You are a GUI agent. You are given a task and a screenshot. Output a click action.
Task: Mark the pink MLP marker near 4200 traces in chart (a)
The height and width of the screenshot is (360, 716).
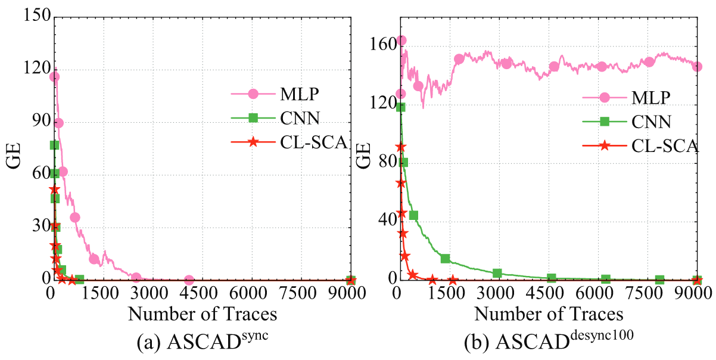(189, 280)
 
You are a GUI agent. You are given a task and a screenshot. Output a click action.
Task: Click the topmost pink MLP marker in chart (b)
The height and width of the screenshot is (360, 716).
(401, 41)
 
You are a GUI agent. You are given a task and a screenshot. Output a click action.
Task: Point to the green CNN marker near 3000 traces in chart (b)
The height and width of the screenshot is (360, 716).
(497, 274)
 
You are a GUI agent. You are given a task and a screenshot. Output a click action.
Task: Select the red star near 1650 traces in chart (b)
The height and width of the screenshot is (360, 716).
(453, 280)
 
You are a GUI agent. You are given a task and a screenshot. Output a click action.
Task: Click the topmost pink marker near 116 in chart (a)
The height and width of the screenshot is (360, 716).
(54, 76)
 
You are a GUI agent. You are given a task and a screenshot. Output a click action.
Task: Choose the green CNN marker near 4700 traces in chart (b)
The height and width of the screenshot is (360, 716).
(552, 278)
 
